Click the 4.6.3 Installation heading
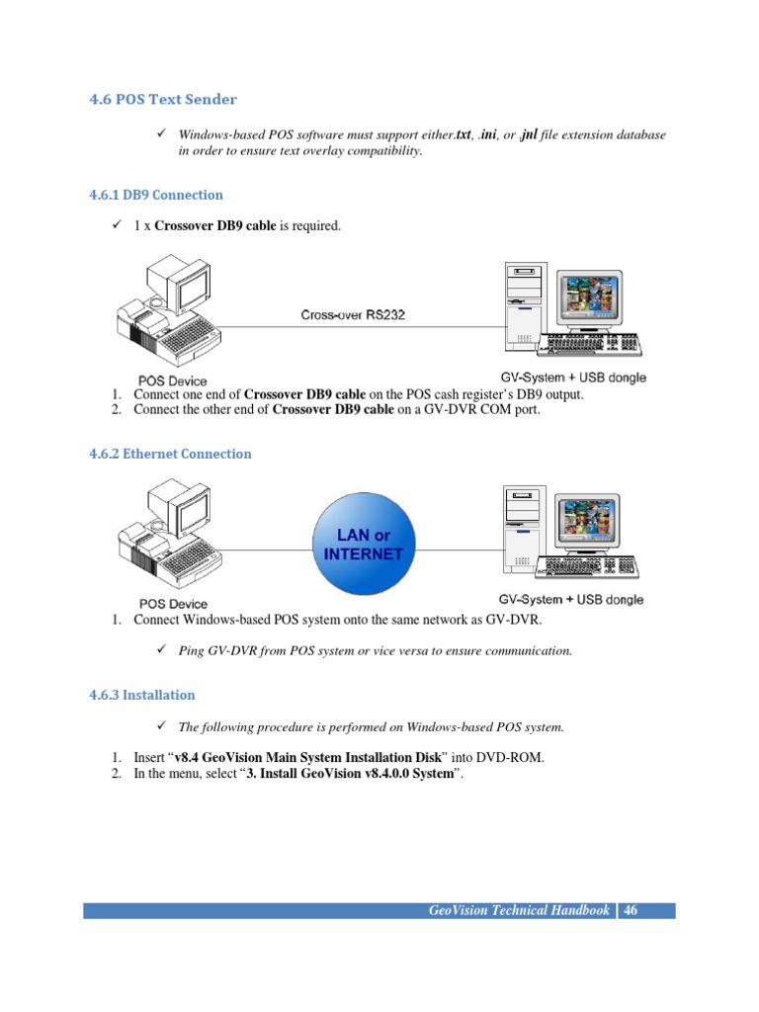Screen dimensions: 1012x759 (x=138, y=695)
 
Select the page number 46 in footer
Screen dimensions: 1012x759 (x=631, y=910)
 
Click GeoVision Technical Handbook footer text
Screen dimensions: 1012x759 (x=518, y=910)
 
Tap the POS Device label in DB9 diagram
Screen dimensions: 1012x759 (x=173, y=380)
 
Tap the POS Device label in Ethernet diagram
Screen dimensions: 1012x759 (x=173, y=603)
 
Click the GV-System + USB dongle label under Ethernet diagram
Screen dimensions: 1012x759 (x=570, y=600)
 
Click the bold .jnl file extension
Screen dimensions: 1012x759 (x=529, y=134)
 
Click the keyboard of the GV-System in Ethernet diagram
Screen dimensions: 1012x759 (x=590, y=567)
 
